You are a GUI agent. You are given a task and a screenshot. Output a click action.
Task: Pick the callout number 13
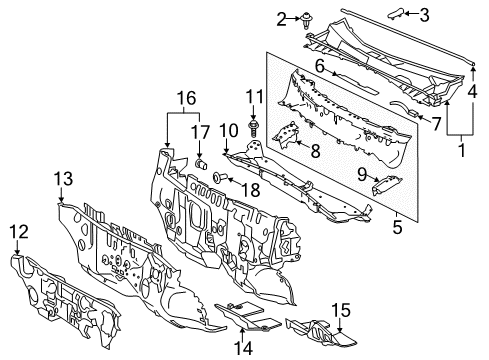63,178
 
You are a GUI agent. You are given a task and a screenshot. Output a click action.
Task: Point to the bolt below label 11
253,127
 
